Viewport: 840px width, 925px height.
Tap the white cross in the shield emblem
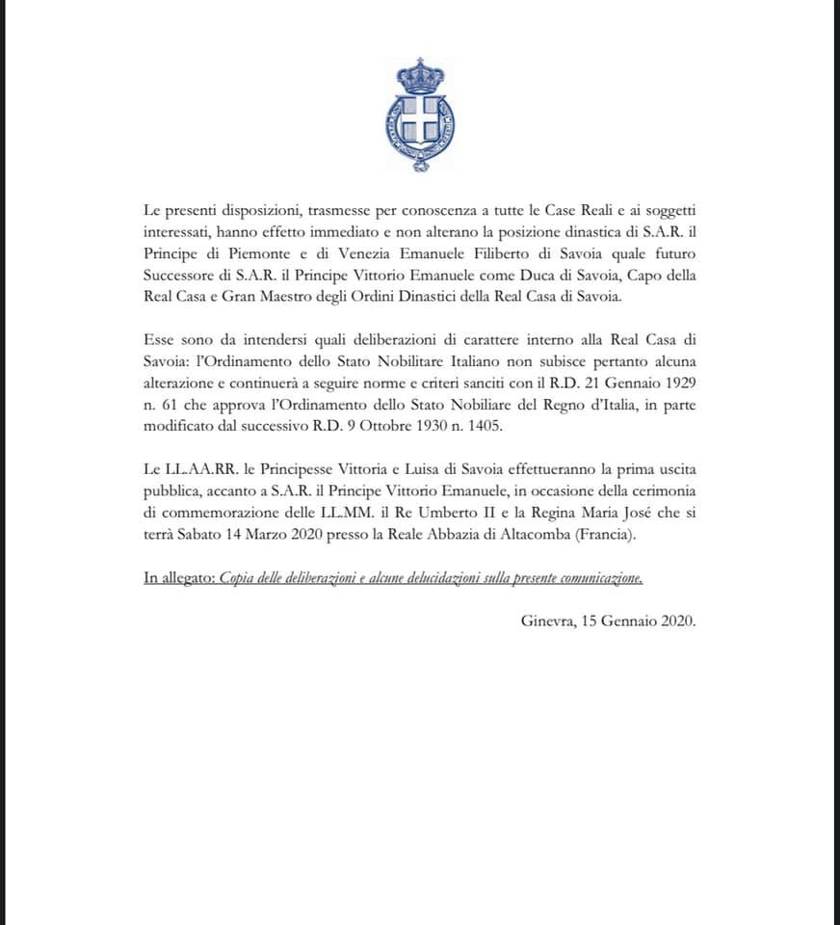420,123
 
